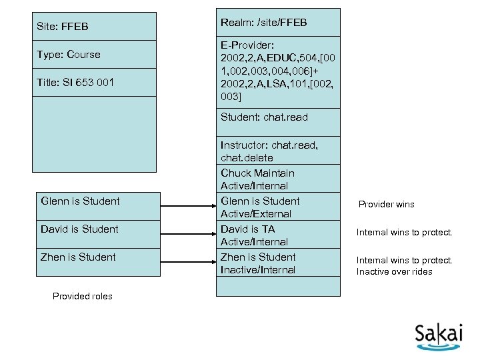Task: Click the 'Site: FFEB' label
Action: coord(63,27)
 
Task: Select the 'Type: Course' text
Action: coord(69,55)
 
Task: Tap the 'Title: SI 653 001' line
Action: coord(75,83)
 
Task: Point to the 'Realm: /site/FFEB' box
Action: coord(264,23)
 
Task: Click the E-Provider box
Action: coord(278,69)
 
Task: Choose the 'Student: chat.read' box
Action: coord(264,117)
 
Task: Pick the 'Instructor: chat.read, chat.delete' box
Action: coord(269,151)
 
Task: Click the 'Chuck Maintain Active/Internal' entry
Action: coord(257,179)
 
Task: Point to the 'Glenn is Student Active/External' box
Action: coord(260,207)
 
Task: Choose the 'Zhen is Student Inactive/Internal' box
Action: coord(258,263)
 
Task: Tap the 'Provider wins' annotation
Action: coord(386,205)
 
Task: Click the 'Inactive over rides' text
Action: coord(394,271)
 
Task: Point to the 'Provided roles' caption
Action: coord(82,296)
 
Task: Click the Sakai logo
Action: coord(438,335)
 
